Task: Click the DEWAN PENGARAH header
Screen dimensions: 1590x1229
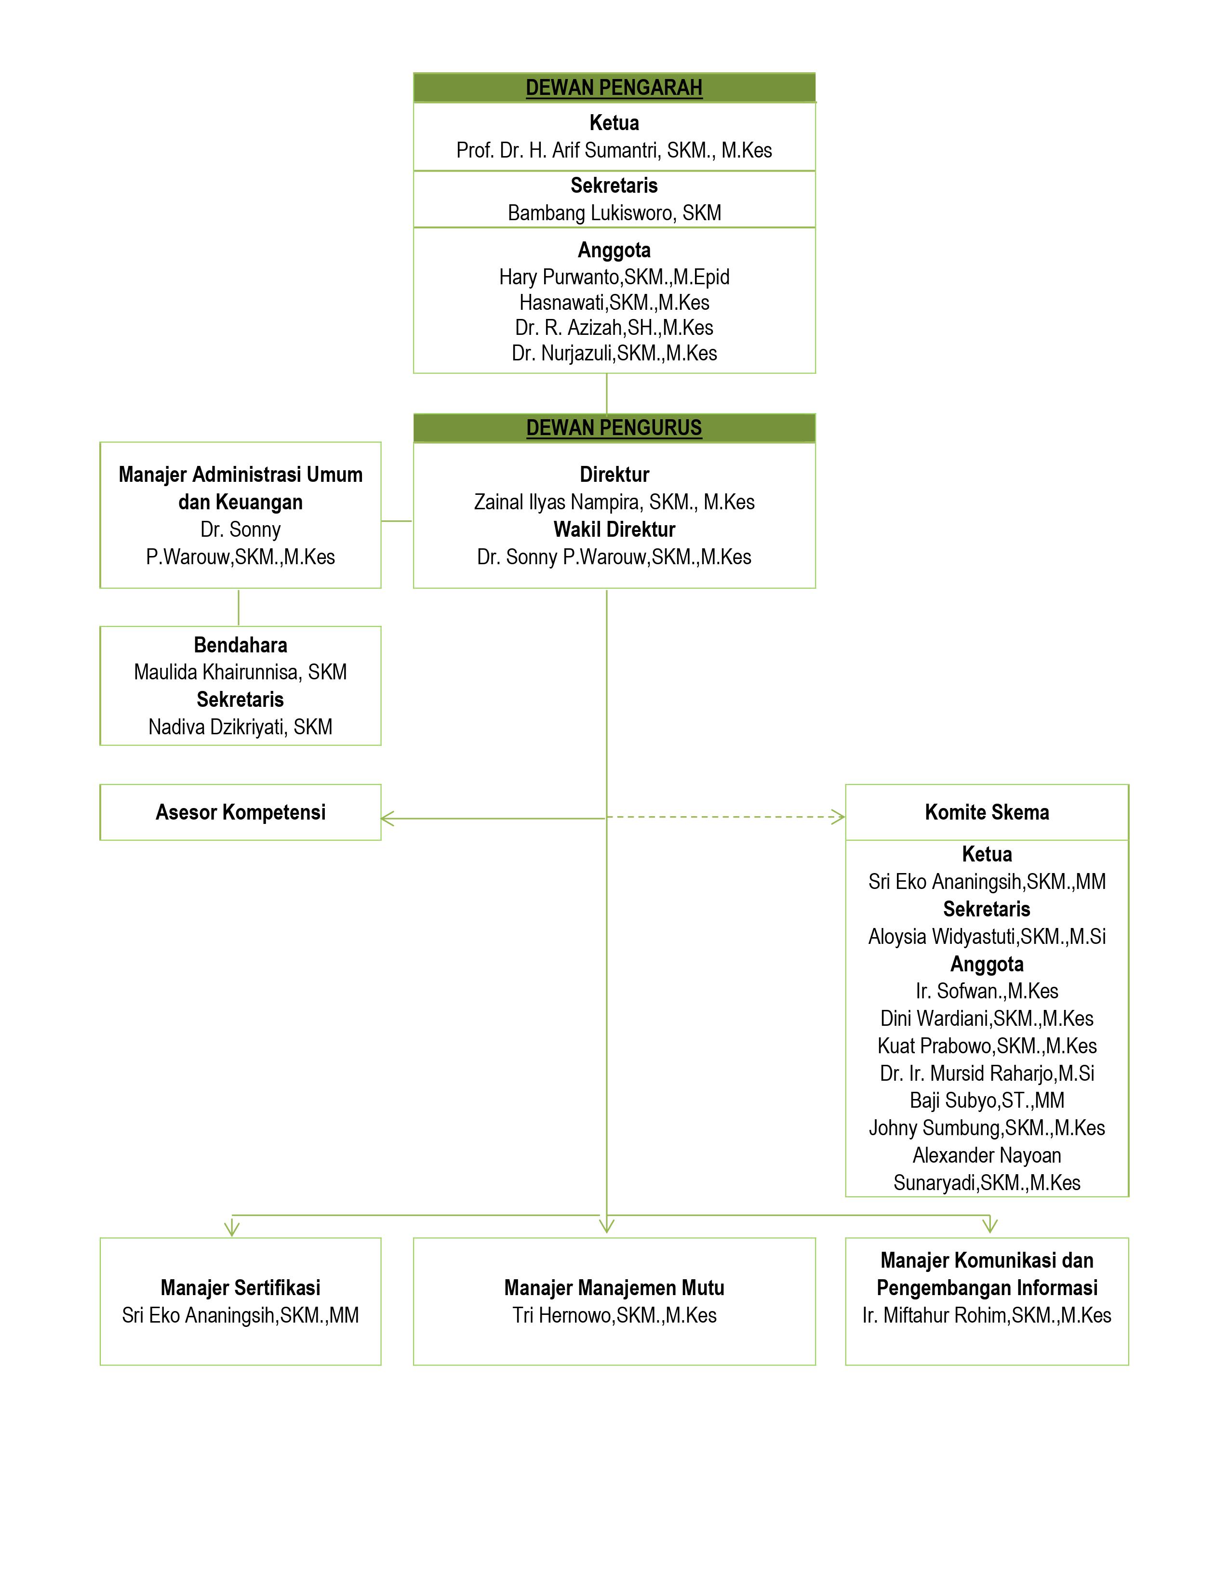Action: tap(614, 87)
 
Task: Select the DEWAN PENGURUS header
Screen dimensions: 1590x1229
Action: tap(614, 427)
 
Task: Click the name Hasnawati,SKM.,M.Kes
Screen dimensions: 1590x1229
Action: tap(614, 302)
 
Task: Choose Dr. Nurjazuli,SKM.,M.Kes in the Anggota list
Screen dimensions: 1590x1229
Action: tap(614, 353)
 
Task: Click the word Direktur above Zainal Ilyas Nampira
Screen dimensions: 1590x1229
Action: tap(614, 475)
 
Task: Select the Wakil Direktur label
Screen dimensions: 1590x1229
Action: tap(614, 529)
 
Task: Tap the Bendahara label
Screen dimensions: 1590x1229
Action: tap(240, 645)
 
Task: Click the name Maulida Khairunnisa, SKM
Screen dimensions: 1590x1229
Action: tap(240, 672)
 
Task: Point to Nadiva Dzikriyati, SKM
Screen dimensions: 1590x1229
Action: tap(240, 727)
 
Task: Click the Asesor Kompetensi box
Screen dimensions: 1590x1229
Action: tap(240, 812)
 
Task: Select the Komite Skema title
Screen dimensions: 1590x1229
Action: tap(987, 812)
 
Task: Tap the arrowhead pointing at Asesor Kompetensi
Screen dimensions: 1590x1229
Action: tap(387, 818)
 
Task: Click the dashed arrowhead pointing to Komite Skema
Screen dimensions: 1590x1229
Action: tap(839, 817)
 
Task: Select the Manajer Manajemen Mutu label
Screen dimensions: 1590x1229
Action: tap(614, 1288)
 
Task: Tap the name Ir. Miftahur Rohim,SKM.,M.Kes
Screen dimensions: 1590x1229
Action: tap(987, 1315)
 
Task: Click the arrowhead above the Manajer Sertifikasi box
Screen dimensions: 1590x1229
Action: tap(231, 1229)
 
